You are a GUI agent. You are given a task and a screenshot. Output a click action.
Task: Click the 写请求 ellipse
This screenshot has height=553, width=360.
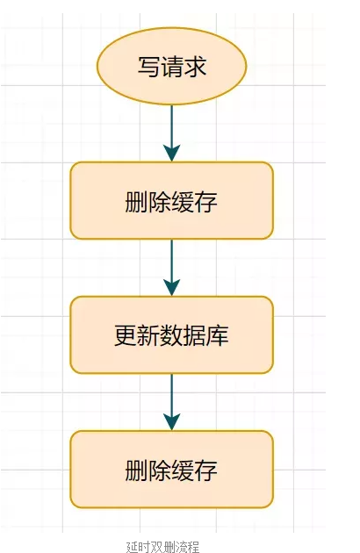pyautogui.click(x=172, y=67)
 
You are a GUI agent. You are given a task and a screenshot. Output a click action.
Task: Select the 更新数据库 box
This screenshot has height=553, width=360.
pyautogui.click(x=172, y=334)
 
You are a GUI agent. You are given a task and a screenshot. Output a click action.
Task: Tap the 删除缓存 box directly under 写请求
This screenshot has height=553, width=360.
pyautogui.click(x=172, y=200)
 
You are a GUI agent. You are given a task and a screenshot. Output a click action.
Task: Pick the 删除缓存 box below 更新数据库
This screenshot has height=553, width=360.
pyautogui.click(x=172, y=469)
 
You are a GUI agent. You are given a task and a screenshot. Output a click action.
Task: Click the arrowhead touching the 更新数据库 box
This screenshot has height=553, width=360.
pyautogui.click(x=172, y=288)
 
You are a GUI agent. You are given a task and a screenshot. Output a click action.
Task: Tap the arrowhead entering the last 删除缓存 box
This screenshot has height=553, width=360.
pyautogui.click(x=172, y=421)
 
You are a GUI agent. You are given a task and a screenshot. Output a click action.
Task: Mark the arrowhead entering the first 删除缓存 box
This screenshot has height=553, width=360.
pyautogui.click(x=172, y=154)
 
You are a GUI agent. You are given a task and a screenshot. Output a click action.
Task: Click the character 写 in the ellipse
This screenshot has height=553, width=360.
pyautogui.click(x=148, y=67)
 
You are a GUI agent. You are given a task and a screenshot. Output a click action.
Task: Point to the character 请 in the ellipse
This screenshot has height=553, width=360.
pyautogui.click(x=172, y=67)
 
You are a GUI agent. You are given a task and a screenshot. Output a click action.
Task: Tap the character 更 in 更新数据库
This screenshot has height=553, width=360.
pyautogui.click(x=126, y=335)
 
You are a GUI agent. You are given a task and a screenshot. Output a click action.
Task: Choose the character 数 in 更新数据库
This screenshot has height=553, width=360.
pyautogui.click(x=172, y=335)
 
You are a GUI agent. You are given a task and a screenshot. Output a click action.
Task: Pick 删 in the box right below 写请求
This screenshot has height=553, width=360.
pyautogui.click(x=137, y=201)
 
